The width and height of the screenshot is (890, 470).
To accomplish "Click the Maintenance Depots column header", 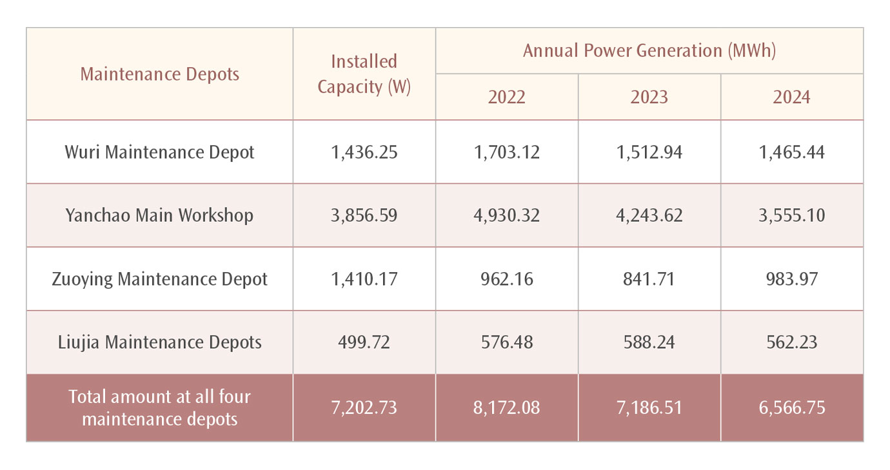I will [159, 74].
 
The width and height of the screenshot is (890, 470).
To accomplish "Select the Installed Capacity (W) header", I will [364, 74].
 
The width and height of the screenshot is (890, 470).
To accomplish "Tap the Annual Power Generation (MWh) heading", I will [649, 51].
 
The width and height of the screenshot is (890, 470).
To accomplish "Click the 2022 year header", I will [506, 97].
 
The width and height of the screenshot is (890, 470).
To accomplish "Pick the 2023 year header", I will [649, 97].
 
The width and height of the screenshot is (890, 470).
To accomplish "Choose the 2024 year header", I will [791, 97].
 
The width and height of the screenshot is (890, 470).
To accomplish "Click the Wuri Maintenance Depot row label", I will [159, 152].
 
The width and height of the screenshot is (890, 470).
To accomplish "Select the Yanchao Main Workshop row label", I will [159, 215].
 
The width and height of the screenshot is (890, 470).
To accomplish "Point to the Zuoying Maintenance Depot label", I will [159, 279].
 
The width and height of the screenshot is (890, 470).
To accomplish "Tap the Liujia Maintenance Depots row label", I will [159, 342].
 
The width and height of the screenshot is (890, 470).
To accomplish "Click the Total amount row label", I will [159, 408].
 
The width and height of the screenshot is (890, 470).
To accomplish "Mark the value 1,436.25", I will [364, 152].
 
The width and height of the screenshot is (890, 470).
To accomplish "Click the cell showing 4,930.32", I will [506, 215].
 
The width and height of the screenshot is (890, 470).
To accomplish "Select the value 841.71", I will [649, 279].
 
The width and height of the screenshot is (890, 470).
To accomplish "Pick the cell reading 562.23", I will [791, 342].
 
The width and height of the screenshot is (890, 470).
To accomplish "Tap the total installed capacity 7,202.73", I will [364, 408].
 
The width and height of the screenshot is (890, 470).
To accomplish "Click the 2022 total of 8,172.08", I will [506, 408].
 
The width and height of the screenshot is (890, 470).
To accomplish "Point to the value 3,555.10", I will [791, 215].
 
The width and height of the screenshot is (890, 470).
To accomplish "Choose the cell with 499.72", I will [364, 342].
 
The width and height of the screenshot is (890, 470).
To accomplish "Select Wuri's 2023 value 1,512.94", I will [649, 152].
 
